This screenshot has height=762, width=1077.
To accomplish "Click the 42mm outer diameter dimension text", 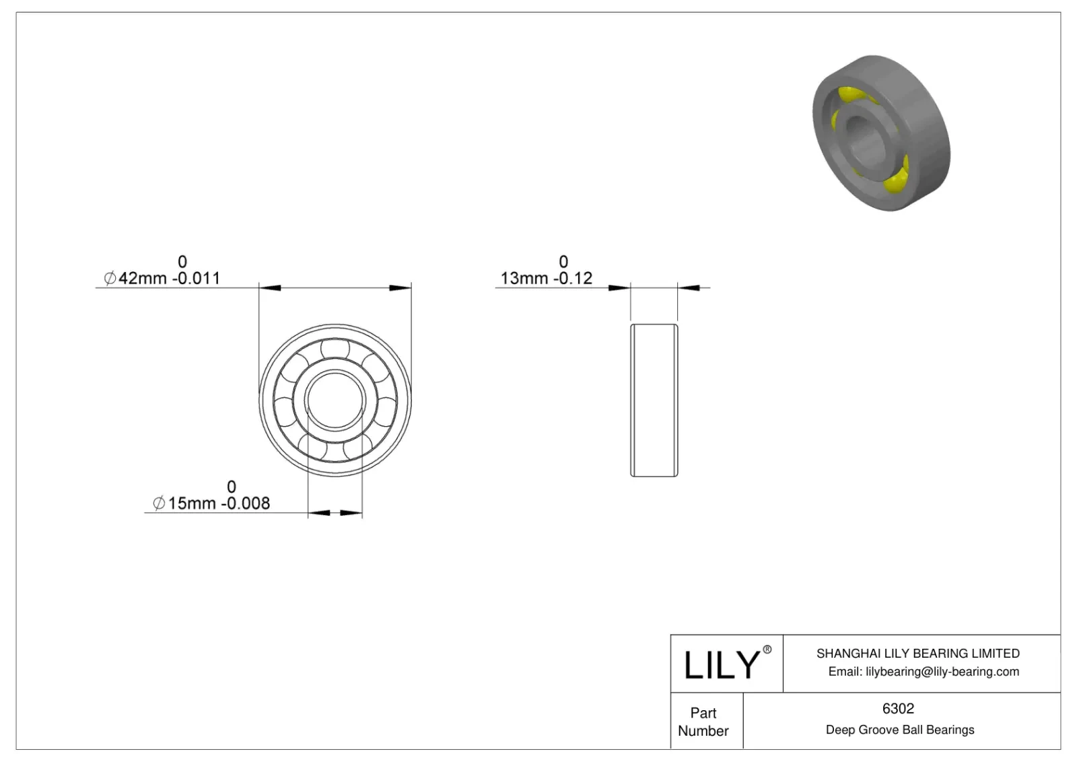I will (142, 278).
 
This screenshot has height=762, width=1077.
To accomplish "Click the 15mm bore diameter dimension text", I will (191, 503).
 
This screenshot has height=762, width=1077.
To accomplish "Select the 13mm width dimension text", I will (524, 278).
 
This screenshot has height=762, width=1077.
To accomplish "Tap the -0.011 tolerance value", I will (196, 278).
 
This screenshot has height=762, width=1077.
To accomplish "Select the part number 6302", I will (898, 709).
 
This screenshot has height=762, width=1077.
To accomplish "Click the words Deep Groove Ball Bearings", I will (899, 730).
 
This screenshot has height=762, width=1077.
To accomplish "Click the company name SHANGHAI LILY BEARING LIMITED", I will (917, 653).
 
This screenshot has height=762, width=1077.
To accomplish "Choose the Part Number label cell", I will (703, 722).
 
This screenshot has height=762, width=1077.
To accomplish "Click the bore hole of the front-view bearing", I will (335, 401).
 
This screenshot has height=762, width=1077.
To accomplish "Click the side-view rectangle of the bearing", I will (654, 401).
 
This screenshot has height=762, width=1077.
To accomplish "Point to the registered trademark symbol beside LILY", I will (767, 650).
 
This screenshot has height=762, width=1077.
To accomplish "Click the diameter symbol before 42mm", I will (110, 278).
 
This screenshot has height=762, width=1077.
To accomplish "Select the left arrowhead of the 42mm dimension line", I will (270, 288).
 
